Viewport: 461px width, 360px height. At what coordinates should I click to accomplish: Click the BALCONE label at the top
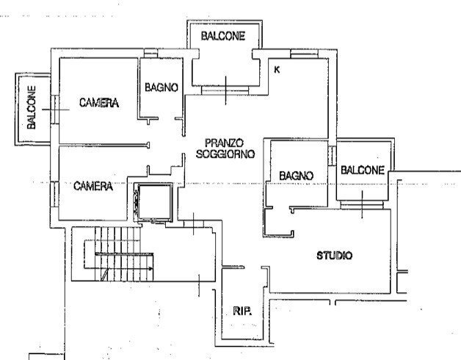coord(223,36)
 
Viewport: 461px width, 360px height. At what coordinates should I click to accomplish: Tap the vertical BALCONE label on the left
coord(32,107)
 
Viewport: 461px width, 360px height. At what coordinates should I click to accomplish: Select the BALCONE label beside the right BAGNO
coord(363,170)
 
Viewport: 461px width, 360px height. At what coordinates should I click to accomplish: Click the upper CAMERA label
coord(99,103)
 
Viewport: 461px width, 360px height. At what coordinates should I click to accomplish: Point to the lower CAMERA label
coord(93,186)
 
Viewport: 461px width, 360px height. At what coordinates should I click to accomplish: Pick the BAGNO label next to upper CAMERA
coord(161,87)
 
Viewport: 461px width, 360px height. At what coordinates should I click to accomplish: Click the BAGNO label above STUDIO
coord(296,176)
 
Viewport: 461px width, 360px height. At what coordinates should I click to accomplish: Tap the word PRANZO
coord(224,143)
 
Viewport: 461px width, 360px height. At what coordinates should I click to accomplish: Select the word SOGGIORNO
coord(225,154)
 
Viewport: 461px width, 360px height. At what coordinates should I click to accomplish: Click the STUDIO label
coord(334,256)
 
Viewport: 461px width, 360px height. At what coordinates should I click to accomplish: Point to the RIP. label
coord(242,311)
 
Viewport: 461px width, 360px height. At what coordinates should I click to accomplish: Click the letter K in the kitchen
coord(277,70)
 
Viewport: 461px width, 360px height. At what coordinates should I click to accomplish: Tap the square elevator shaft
coord(155,202)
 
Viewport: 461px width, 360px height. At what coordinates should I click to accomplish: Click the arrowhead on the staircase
coord(150,268)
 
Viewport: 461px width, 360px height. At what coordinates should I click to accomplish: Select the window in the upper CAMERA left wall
coord(55,109)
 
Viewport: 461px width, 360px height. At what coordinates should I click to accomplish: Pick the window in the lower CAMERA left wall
coord(54,194)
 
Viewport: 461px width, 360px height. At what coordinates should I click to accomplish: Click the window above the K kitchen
coord(304,54)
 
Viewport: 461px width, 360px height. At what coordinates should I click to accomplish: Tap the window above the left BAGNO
coord(150,53)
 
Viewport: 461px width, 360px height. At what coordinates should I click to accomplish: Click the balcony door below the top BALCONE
coord(225,90)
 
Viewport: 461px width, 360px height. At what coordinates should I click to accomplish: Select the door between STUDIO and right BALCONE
coord(362,205)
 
